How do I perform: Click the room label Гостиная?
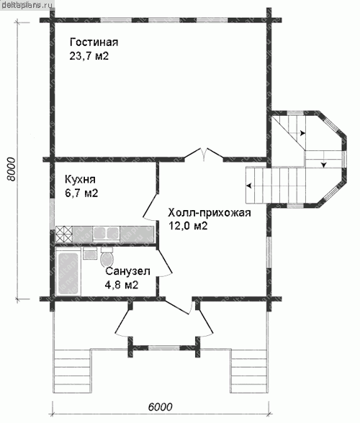pos(94,42)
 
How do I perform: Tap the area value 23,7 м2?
pos(89,56)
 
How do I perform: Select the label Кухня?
pos(80,180)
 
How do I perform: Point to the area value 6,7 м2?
pos(81,193)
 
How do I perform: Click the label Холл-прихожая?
pos(210,213)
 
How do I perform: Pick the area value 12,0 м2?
pos(188,226)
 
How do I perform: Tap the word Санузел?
pos(127,271)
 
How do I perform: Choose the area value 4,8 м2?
pos(122,285)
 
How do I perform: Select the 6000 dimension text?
pos(160,407)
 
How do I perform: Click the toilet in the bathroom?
pos(107,257)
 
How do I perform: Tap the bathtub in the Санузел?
pos(68,273)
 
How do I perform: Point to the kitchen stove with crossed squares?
pos(64,234)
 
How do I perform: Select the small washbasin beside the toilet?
pos(90,254)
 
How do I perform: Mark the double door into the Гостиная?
pos(204,155)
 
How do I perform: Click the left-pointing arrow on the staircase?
pos(249,186)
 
